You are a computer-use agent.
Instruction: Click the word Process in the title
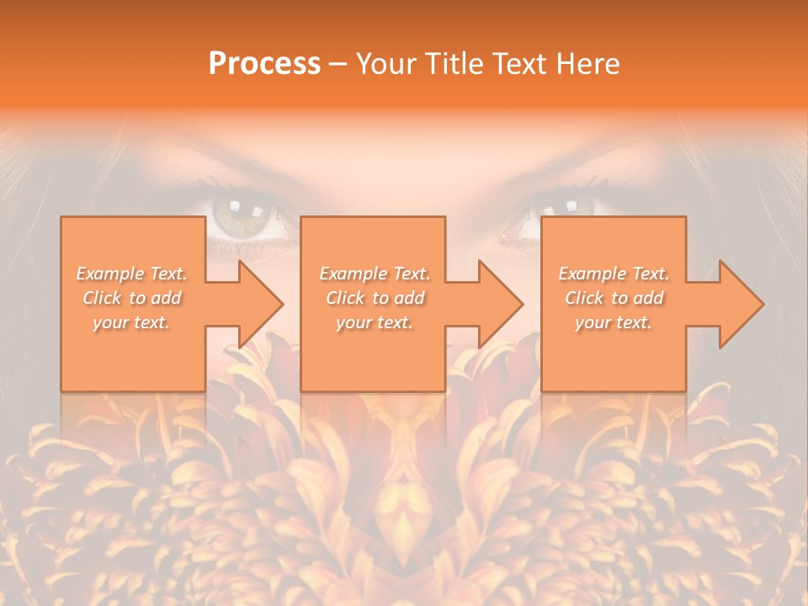point(264,64)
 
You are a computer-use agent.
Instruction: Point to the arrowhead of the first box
point(258,304)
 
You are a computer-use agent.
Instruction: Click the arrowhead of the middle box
point(498,304)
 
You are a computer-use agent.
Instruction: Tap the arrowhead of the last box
point(739,304)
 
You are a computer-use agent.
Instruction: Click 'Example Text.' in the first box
point(132,274)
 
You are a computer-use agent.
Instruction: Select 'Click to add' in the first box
point(132,298)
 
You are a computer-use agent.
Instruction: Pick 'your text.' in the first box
point(132,322)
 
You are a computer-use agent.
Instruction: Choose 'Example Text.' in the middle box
point(375,274)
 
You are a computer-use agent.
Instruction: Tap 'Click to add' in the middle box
point(375,298)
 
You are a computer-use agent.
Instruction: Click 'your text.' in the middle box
point(375,322)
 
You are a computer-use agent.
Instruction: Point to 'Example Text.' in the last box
point(614,274)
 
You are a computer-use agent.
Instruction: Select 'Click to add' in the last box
point(614,298)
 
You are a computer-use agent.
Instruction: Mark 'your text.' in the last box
point(614,322)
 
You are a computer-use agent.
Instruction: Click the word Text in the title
point(517,64)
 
